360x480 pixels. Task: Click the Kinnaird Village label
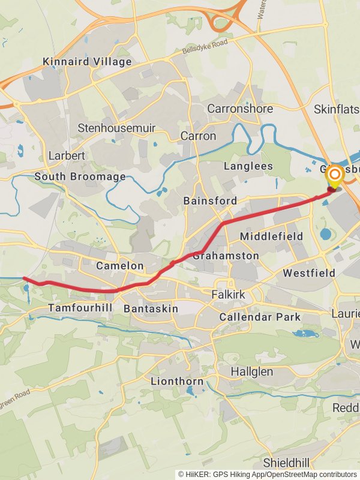pos(87,62)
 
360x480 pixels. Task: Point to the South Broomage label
pos(80,177)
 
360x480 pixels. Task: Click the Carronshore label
pos(240,109)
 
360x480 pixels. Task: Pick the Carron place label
pos(198,136)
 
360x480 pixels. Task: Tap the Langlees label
pos(248,166)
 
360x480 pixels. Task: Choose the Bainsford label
pos(210,201)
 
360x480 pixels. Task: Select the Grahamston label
pos(226,256)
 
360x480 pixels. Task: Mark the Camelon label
pos(120,266)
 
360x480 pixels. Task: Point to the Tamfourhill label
pos(80,308)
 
